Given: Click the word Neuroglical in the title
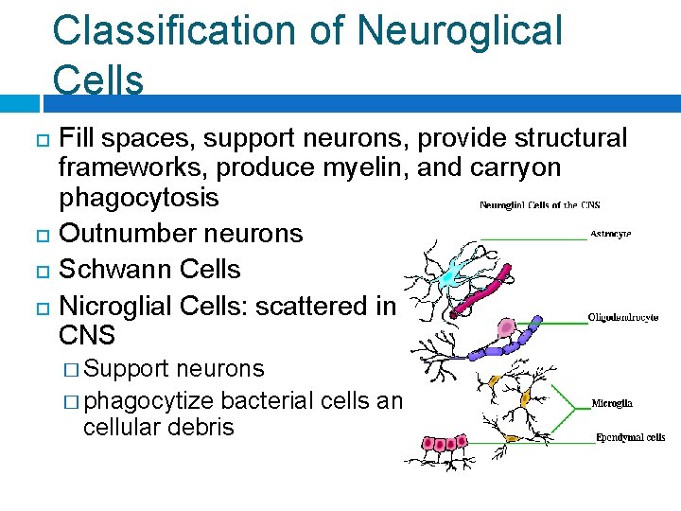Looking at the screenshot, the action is (x=460, y=30).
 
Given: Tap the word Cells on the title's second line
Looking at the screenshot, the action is (x=98, y=80).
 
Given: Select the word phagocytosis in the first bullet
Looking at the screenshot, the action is (x=138, y=198).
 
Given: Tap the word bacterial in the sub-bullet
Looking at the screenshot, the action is (x=275, y=400).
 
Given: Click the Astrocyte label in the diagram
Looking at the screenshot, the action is (x=611, y=233).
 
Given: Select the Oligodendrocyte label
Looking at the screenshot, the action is (x=623, y=318).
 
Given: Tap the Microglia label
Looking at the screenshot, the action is (x=612, y=403).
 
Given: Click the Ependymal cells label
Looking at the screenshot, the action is (x=630, y=437).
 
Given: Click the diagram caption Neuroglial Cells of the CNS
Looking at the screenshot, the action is (x=539, y=205).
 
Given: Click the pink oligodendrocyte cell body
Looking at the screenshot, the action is (x=507, y=328).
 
